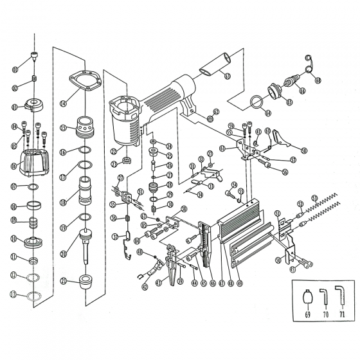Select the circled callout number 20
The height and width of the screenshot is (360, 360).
pyautogui.click(x=64, y=253)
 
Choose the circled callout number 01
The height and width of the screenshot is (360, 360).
pyautogui.click(x=15, y=70)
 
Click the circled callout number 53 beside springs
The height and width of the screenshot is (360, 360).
pyautogui.click(x=314, y=198)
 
